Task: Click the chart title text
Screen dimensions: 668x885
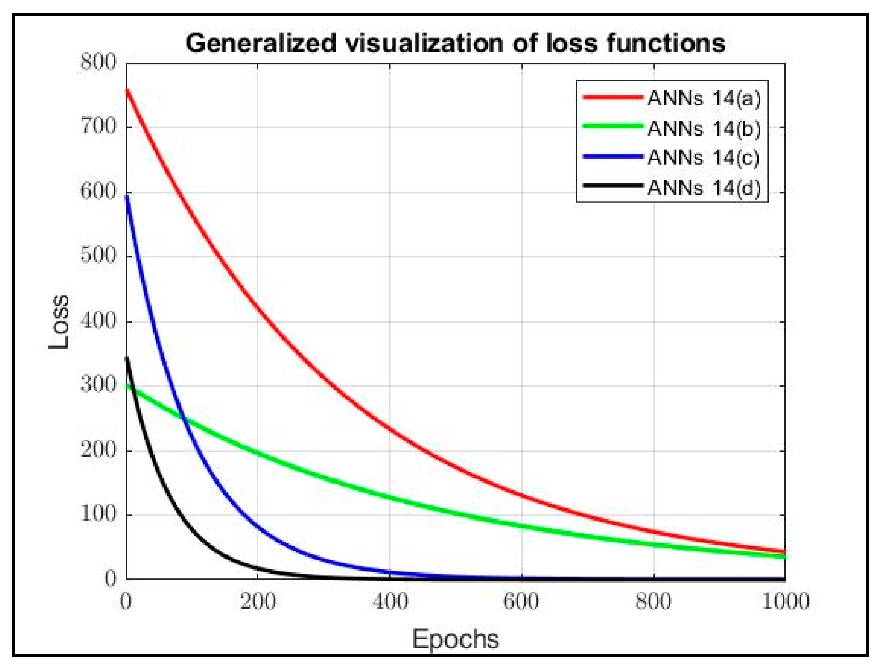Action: (x=455, y=43)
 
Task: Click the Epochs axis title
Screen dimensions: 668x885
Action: (x=455, y=639)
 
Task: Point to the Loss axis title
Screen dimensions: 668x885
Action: (x=59, y=321)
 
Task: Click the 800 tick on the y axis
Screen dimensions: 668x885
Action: (x=98, y=62)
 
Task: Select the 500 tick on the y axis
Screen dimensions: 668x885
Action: (x=98, y=256)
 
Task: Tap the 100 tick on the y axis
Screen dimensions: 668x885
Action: (x=98, y=514)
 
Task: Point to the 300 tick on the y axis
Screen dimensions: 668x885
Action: (x=98, y=385)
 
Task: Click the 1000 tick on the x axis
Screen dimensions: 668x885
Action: (x=785, y=601)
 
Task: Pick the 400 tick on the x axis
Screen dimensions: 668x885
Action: (x=390, y=601)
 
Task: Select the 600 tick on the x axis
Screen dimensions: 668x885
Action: (x=521, y=601)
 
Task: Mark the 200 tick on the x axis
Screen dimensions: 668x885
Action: (x=258, y=601)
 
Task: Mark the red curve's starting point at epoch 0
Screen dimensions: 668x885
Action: (x=127, y=90)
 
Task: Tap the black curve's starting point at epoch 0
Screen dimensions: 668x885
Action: (x=127, y=357)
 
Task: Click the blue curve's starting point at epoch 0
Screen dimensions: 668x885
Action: (x=127, y=196)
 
